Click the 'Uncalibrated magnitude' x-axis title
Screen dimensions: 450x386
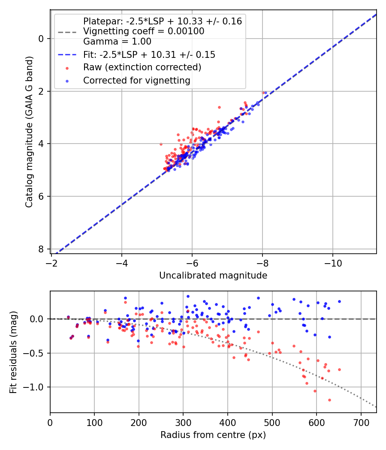coord(213,276)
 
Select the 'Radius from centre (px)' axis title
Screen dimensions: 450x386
coord(213,435)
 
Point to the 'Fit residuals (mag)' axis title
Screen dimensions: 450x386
coord(13,352)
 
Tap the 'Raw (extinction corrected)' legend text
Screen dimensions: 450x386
coord(142,67)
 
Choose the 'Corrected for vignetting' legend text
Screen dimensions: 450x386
coord(136,80)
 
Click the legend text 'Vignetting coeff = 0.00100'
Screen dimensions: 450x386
coord(144,31)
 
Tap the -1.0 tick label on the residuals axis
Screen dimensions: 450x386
coord(35,387)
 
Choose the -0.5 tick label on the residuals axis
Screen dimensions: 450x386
coord(35,353)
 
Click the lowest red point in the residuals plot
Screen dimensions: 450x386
coord(329,400)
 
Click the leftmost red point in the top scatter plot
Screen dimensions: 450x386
coord(161,144)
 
